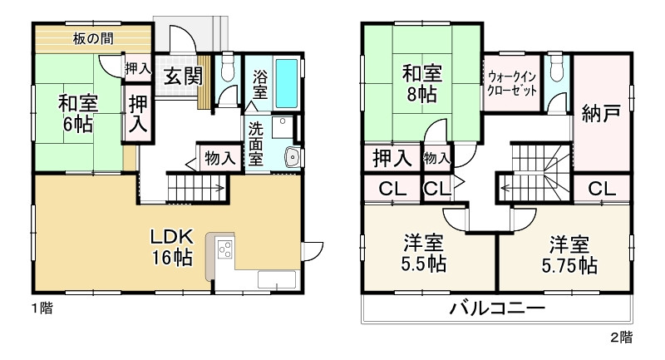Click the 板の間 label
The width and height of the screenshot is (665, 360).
[93, 38]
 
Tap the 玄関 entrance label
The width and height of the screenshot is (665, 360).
[182, 76]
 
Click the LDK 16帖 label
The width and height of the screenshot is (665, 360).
[172, 247]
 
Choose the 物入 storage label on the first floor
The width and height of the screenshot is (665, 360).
[219, 158]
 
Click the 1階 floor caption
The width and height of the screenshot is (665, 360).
[42, 308]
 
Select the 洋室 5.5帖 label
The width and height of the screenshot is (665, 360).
[424, 254]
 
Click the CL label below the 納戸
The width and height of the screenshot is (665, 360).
[602, 189]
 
